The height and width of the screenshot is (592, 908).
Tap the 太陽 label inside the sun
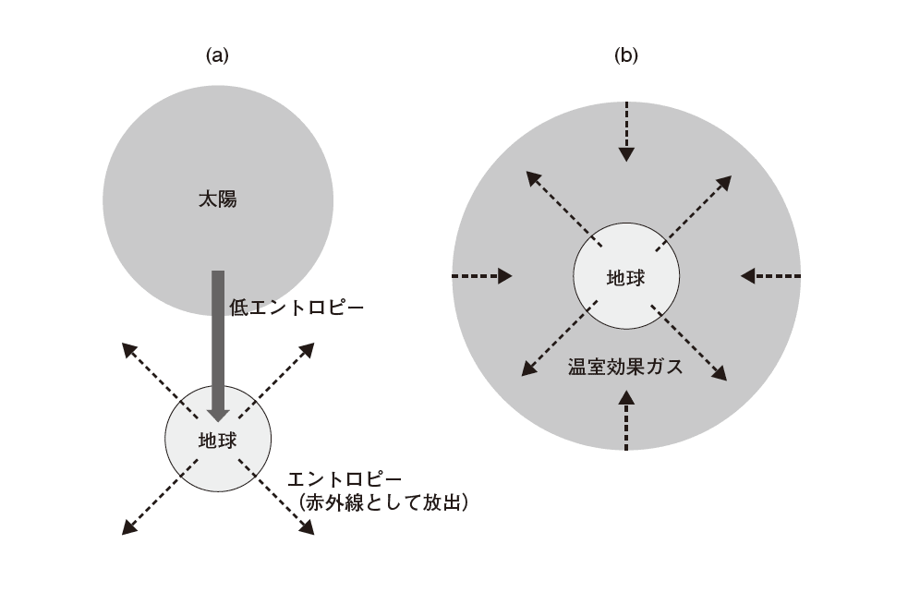[x=218, y=199]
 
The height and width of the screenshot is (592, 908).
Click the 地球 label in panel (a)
[x=218, y=441]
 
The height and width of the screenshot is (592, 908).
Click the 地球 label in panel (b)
[x=625, y=277]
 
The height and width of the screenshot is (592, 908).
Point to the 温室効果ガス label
[x=625, y=367]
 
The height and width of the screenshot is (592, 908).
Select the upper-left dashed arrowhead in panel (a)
[x=128, y=348]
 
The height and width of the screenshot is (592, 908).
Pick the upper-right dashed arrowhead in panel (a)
[x=308, y=348]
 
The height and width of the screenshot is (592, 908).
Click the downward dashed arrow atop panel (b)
[x=626, y=129]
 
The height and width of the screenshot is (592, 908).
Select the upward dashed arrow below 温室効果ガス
[x=626, y=420]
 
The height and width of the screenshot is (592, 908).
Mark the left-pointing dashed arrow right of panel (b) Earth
[x=770, y=275]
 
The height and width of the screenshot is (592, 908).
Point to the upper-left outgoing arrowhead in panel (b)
[x=532, y=176]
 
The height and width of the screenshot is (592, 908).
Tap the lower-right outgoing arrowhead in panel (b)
[x=720, y=374]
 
